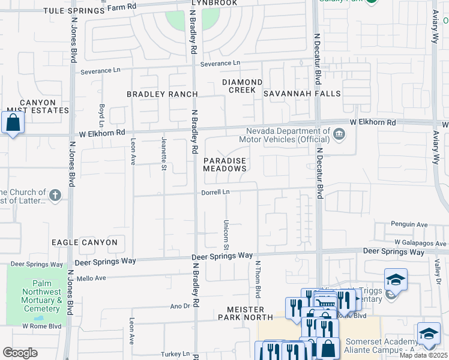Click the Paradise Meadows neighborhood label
(224, 165)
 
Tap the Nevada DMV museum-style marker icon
(339, 133)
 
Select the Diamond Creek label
(242, 86)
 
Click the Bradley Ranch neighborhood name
(162, 94)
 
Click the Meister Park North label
(249, 313)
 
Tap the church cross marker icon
(55, 195)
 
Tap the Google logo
(20, 353)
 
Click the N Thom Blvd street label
(258, 279)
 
